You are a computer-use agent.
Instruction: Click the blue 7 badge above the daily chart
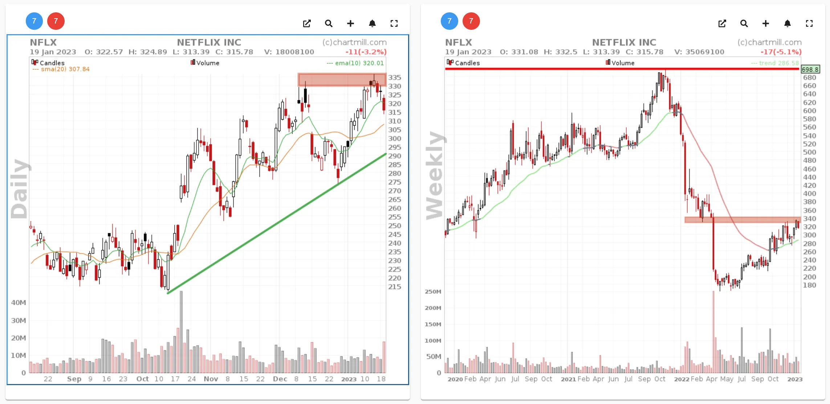click(34, 21)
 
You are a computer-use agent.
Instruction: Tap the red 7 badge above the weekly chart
click(471, 21)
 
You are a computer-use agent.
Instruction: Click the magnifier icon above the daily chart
click(329, 24)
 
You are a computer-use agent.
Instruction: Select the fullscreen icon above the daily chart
click(394, 24)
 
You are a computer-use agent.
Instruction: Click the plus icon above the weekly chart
click(765, 24)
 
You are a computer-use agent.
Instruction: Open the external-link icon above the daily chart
click(307, 24)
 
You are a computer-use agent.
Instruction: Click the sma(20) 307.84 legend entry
click(61, 69)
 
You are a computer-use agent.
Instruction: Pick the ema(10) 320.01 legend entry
click(355, 63)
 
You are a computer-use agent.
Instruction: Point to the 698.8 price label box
click(810, 69)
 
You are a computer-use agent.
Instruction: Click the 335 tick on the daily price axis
click(395, 77)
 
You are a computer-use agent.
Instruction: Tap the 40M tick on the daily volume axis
click(19, 303)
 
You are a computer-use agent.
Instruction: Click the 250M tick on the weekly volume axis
click(433, 292)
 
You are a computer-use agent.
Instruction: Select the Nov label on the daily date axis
click(211, 379)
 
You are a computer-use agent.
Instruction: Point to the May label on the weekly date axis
click(727, 379)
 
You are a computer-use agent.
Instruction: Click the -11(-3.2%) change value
click(366, 52)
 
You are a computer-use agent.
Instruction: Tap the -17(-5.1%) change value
click(781, 52)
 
